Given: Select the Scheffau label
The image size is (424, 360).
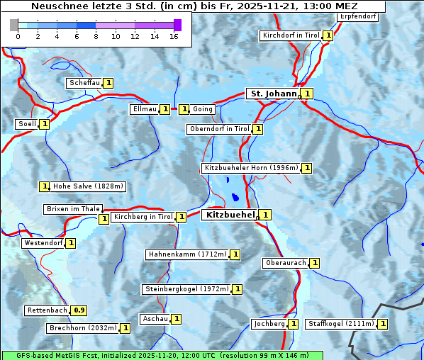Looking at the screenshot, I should [x=84, y=83].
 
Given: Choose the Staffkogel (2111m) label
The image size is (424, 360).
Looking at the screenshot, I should [x=340, y=324].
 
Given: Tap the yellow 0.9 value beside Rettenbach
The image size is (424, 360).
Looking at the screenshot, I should [x=80, y=310].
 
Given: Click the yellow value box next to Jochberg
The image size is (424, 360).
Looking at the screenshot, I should [x=294, y=324].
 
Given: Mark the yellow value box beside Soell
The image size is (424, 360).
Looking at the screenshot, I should [x=45, y=124].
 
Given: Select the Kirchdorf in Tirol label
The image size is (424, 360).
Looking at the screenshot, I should [x=291, y=35].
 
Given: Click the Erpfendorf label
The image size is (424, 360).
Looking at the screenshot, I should [x=358, y=16].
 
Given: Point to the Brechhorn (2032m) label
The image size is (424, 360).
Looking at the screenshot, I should [x=83, y=328].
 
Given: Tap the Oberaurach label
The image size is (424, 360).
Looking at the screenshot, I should [x=285, y=263].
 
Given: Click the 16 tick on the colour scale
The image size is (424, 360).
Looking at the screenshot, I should [x=173, y=35].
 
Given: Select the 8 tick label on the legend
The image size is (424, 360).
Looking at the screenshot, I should [x=96, y=35].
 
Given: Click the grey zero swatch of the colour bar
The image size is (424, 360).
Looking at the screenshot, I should [x=14, y=25].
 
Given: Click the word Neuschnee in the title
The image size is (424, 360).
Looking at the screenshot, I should [x=57, y=6].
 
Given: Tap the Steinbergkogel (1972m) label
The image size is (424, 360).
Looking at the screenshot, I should [x=187, y=289].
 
